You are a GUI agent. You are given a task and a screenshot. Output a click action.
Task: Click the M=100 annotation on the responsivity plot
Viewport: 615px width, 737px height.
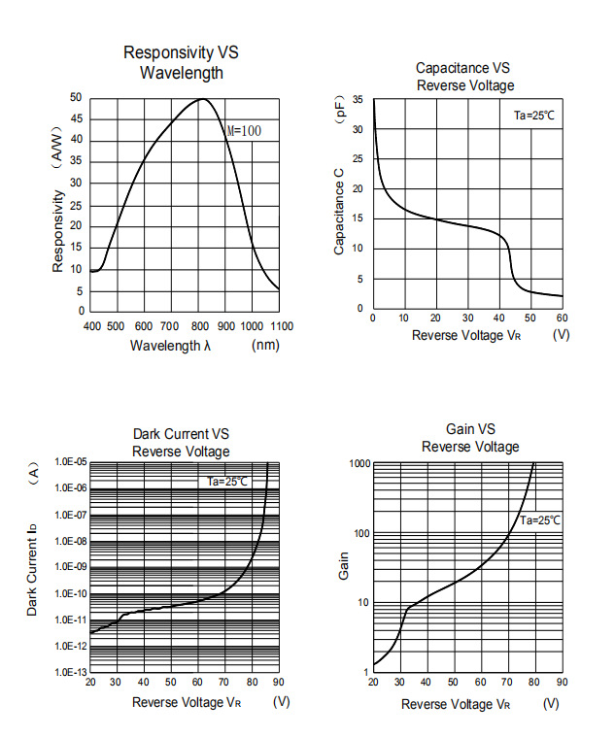[244, 131]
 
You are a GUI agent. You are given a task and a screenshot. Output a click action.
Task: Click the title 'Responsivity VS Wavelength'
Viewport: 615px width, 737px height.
[181, 62]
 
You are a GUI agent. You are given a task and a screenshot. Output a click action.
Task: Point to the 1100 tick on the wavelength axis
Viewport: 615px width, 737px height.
[281, 326]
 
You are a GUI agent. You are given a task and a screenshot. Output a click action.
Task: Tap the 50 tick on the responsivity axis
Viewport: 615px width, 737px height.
[76, 98]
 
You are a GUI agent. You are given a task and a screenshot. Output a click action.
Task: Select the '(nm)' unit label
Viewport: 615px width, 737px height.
[265, 345]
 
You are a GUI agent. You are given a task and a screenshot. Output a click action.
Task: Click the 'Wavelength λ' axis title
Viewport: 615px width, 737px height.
[171, 345]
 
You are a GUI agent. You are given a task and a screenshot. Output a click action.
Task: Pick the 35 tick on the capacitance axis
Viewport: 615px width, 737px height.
[358, 100]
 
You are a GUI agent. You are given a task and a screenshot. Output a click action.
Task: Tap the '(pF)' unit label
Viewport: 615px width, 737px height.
[339, 107]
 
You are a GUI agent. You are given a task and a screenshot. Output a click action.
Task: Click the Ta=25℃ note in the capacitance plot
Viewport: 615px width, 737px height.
[534, 116]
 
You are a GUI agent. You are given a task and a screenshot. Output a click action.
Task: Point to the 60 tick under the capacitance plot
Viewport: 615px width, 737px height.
[561, 318]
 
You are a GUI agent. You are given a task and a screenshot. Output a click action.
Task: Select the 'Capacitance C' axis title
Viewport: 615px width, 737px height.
[339, 212]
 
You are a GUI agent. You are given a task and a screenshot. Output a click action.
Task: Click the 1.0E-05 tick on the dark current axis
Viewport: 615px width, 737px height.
[71, 462]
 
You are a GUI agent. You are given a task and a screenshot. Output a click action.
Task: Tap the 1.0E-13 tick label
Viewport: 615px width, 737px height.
[71, 672]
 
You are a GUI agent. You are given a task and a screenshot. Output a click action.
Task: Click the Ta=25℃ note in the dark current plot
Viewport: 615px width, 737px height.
[228, 481]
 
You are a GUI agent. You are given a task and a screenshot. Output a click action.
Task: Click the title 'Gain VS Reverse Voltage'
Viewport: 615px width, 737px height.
[470, 438]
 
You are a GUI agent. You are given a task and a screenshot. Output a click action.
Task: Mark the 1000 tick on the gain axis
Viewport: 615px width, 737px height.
[359, 464]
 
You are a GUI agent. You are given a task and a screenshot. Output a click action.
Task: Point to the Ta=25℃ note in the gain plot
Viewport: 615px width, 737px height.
[539, 520]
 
